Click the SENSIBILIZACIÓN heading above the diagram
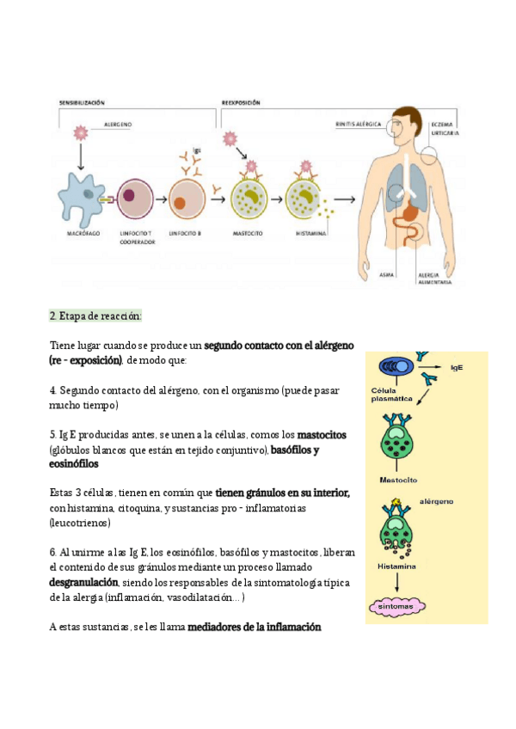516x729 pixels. [82, 102]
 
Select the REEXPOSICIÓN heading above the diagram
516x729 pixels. [241, 102]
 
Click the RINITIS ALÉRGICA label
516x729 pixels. [358, 124]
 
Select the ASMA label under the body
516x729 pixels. [387, 274]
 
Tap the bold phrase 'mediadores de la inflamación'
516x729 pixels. [254, 627]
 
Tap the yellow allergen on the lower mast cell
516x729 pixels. [396, 502]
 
